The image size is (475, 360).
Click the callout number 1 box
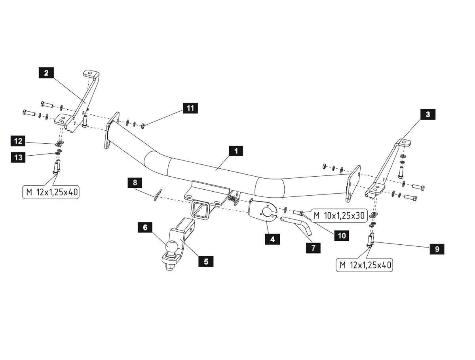236,151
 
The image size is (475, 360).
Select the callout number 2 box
47,73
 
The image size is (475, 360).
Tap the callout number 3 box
427,115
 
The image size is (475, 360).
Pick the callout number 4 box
272,239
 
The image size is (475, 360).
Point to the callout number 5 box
206,261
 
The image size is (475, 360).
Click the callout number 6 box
145,227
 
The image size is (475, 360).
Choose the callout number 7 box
313,248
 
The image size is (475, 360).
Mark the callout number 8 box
135,183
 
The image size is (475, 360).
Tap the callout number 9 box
437,249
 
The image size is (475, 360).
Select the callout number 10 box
342,236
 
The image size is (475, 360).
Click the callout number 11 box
190,108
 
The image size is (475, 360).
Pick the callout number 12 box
18,141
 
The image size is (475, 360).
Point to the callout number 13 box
18,157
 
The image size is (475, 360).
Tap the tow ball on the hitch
172,247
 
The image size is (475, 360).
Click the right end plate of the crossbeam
353,184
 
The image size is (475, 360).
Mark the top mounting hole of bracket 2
90,73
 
